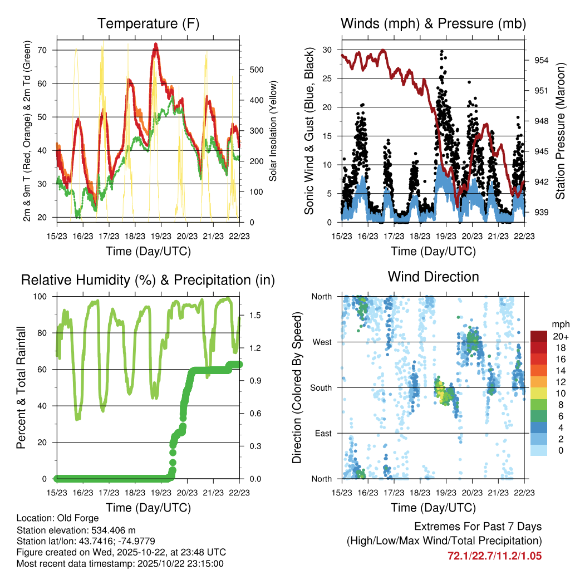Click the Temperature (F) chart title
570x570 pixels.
click(x=148, y=23)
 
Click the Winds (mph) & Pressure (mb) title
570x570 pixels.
click(x=433, y=23)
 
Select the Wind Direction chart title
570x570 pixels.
click(x=433, y=276)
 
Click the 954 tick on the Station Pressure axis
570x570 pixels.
click(x=542, y=60)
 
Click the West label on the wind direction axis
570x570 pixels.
click(x=322, y=342)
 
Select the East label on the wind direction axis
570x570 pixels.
click(x=323, y=433)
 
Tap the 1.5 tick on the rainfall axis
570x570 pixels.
click(x=255, y=315)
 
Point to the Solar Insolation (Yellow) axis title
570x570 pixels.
click(x=273, y=131)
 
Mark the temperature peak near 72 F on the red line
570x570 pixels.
click(x=156, y=44)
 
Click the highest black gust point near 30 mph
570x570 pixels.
click(x=442, y=51)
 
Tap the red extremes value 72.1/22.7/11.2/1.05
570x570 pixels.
click(x=494, y=556)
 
